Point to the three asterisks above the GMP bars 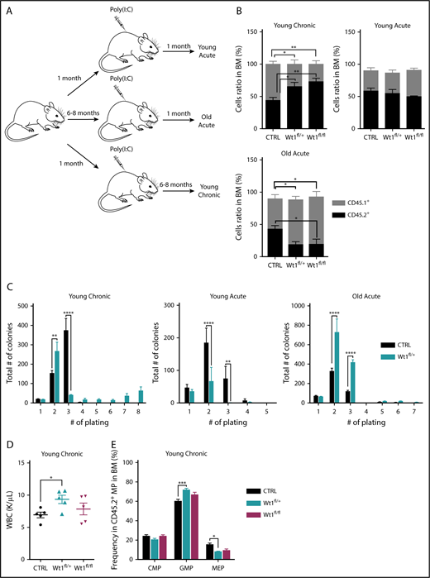tap(179, 482)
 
